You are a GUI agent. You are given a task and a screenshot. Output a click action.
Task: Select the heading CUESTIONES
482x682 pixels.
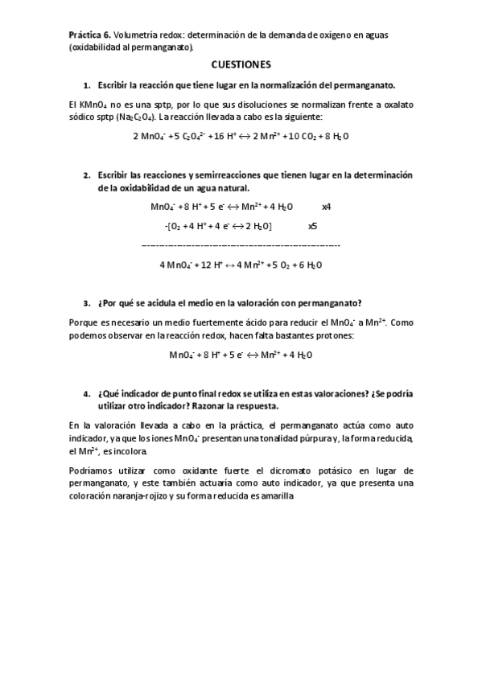(241, 63)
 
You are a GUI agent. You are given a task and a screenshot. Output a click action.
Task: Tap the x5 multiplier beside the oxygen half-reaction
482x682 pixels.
(312, 226)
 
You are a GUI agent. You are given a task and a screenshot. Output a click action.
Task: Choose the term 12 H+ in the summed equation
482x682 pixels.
(209, 265)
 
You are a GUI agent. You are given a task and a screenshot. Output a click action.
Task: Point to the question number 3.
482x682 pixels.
(86, 303)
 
